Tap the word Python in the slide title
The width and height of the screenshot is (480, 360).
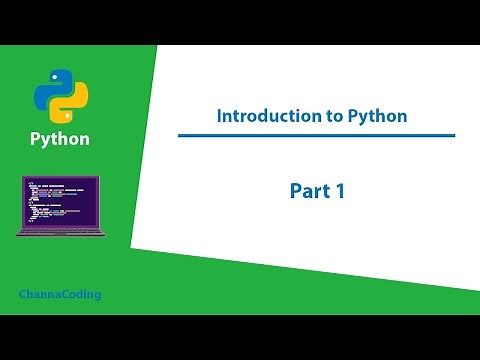[x=377, y=116]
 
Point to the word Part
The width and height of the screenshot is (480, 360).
[x=309, y=191]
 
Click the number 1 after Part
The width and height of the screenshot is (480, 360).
[x=340, y=191]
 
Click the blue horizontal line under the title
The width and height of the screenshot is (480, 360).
[x=316, y=135]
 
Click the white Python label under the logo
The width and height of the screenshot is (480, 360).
[x=60, y=139]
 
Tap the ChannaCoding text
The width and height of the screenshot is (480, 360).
[x=60, y=295]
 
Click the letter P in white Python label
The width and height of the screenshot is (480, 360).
[x=36, y=139]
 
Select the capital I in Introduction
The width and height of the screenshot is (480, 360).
[x=220, y=116]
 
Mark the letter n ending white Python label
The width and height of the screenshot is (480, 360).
[x=84, y=139]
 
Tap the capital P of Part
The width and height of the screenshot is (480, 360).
[x=297, y=191]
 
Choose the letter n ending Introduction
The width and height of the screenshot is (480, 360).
[x=312, y=116]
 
